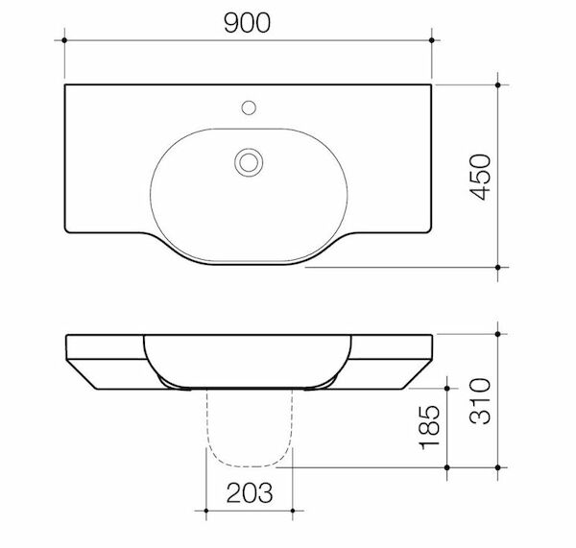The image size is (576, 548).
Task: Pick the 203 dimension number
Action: [x=249, y=493]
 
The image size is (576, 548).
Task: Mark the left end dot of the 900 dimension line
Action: [x=65, y=40]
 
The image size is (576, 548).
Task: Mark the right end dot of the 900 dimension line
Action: [x=432, y=40]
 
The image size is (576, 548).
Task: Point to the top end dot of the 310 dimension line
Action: [x=498, y=333]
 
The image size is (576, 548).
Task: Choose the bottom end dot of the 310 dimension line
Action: [x=498, y=469]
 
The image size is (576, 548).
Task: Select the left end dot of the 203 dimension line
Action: [x=206, y=510]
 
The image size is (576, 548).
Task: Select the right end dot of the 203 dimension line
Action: [x=290, y=510]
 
